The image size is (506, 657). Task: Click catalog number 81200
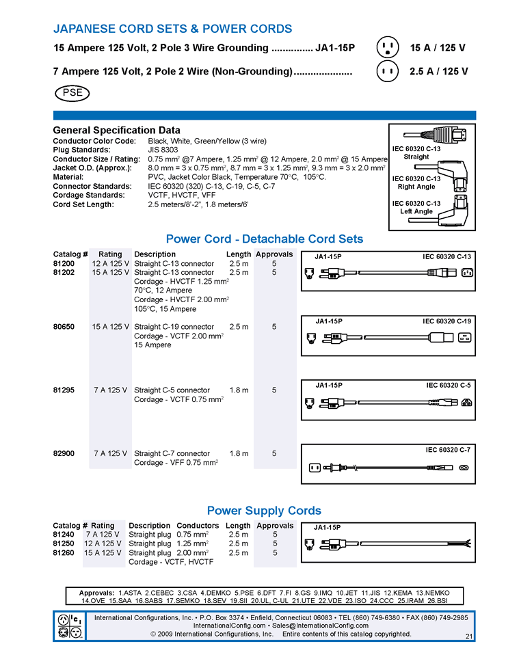(64, 263)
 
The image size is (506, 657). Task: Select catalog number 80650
(64, 327)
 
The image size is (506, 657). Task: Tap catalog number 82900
(64, 453)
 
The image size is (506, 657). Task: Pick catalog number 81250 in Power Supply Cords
(64, 544)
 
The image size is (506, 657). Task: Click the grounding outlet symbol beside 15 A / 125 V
(388, 48)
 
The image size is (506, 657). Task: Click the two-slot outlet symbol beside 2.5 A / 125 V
(388, 70)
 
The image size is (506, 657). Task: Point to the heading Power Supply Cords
(264, 511)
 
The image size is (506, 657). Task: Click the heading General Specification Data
(116, 130)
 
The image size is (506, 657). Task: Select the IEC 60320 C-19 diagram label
(447, 321)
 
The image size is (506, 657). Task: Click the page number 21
(468, 636)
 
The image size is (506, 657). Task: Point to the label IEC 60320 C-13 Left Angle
(416, 207)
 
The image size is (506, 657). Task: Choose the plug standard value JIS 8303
(163, 150)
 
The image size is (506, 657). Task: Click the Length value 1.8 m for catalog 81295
(239, 390)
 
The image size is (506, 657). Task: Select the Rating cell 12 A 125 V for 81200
(110, 263)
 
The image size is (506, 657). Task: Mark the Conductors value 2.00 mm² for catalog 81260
(193, 552)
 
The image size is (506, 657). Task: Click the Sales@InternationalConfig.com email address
(320, 626)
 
